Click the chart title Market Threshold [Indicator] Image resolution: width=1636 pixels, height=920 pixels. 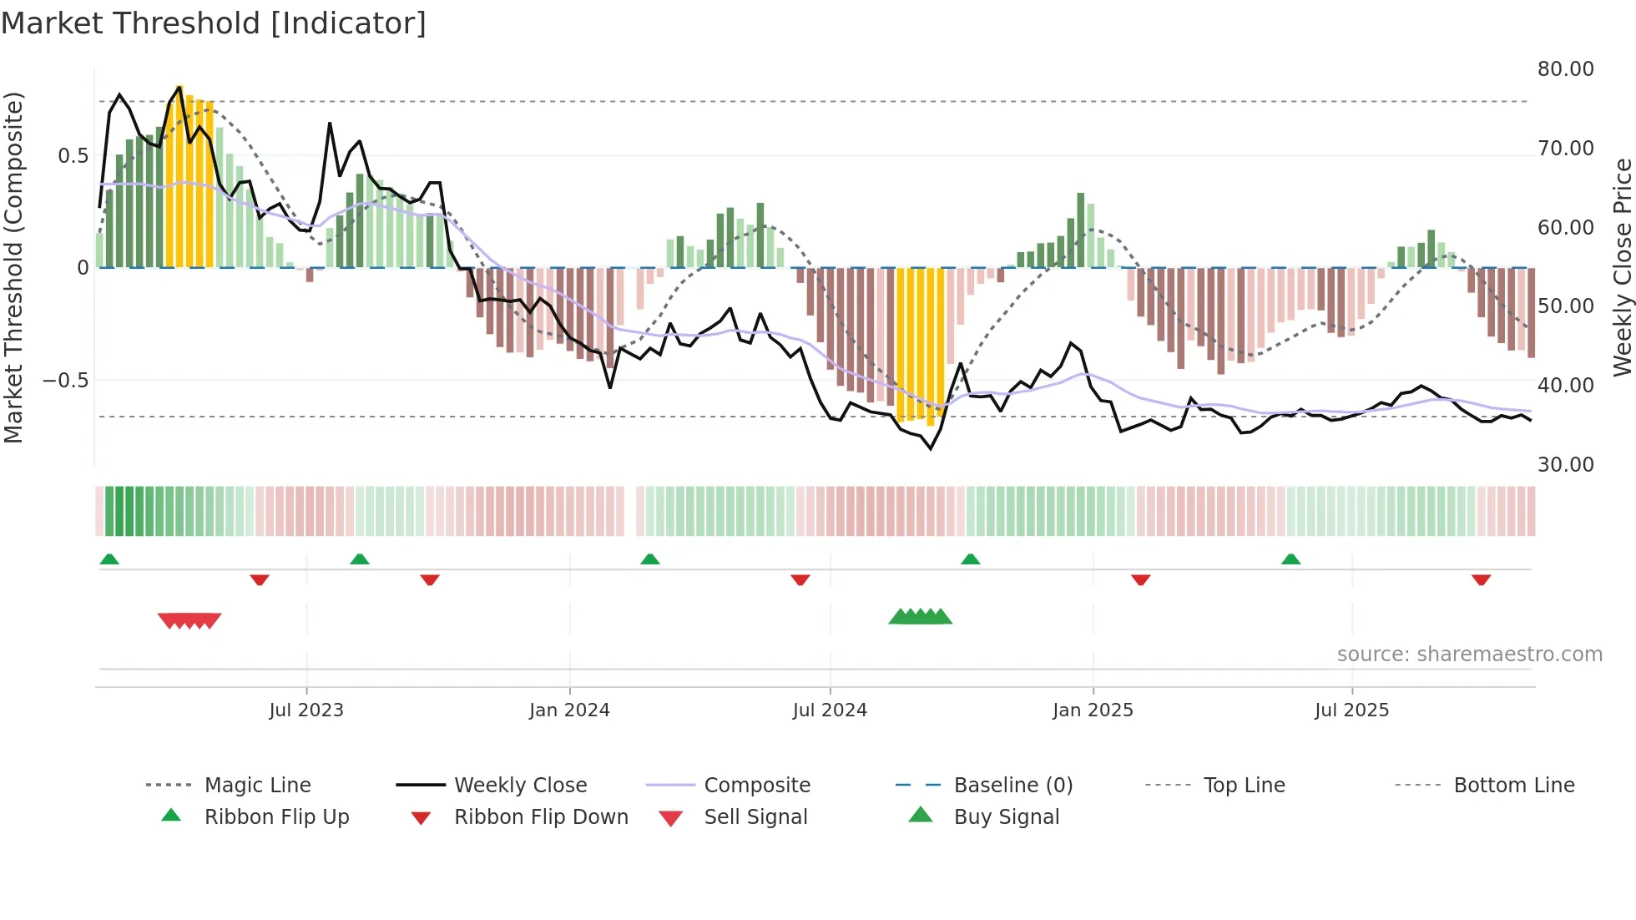pos(214,23)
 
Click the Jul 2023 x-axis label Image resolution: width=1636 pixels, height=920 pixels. pos(306,710)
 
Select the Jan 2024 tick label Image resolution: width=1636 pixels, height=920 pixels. pos(569,710)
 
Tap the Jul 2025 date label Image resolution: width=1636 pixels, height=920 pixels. pos(1351,710)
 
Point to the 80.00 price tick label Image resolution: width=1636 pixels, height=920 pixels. pos(1565,69)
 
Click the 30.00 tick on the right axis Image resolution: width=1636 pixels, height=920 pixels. pos(1565,465)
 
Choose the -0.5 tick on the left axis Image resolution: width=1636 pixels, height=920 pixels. pos(66,381)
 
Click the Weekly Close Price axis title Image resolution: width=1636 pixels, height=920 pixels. pos(1622,267)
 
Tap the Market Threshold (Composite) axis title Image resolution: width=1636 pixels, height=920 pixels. pos(13,267)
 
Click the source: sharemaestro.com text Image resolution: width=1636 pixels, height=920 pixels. pos(1469,655)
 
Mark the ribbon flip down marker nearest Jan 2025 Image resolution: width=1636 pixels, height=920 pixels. pos(1140,579)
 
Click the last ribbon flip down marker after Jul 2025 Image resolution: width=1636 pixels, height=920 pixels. pos(1481,579)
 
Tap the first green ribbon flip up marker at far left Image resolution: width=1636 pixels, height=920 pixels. pos(109,559)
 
